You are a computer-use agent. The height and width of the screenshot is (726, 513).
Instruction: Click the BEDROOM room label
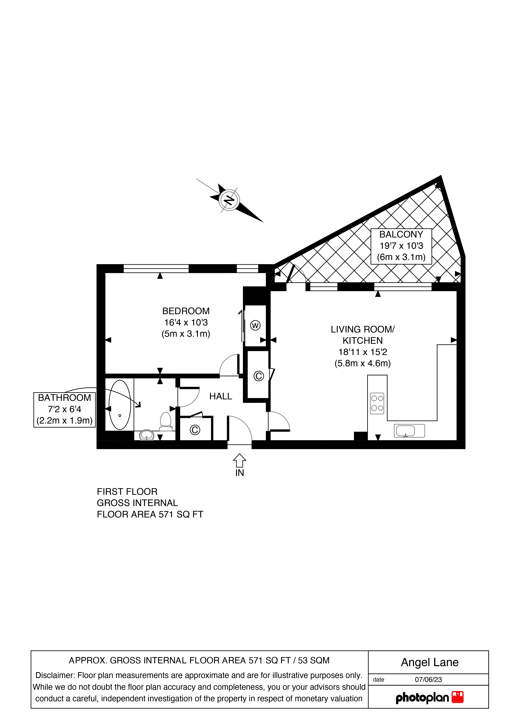pyautogui.click(x=186, y=311)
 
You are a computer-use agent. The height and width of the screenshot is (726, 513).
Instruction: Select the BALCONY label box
pyautogui.click(x=401, y=246)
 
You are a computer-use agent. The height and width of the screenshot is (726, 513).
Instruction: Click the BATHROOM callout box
pyautogui.click(x=64, y=410)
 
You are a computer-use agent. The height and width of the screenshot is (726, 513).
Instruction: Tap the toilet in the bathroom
pyautogui.click(x=166, y=421)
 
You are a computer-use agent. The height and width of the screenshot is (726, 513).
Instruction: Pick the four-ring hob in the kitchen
pyautogui.click(x=377, y=403)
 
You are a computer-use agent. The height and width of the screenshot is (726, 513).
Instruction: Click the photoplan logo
pyautogui.click(x=430, y=698)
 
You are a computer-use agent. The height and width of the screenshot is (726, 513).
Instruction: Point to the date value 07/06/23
pyautogui.click(x=428, y=679)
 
